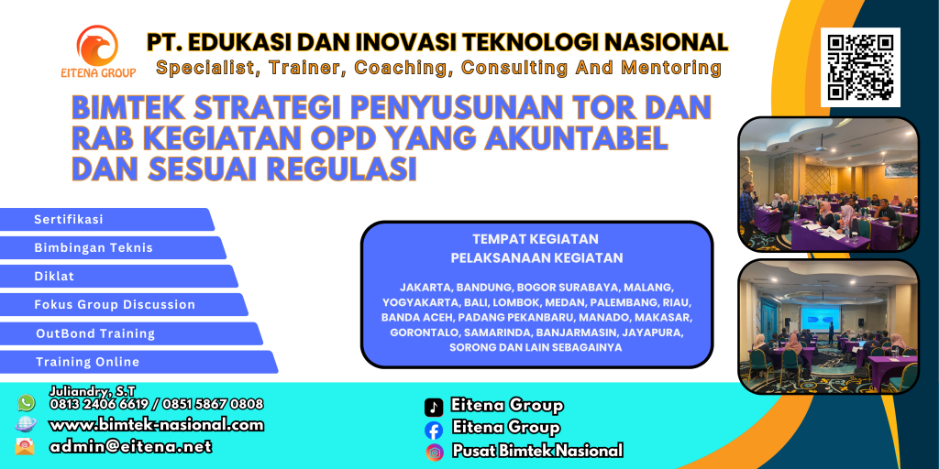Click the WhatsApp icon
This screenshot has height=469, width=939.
[26, 403]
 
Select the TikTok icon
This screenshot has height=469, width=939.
[434, 407]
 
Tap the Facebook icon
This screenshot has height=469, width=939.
[434, 429]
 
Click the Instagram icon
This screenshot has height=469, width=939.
[434, 452]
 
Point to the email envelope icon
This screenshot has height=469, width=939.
[26, 447]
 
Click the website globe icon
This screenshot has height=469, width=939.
[26, 425]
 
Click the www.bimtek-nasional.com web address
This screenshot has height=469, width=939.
[156, 425]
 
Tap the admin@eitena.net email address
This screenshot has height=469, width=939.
[130, 447]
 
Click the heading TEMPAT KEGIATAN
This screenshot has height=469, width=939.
[536, 240]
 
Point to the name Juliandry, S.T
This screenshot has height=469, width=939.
[93, 391]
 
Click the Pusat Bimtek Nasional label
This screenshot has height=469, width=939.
[536, 451]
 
